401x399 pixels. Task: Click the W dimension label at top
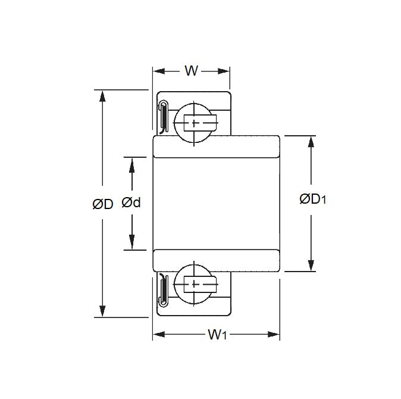191,71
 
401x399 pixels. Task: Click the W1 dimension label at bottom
218,335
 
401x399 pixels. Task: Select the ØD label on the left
102,204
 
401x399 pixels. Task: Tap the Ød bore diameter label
131,203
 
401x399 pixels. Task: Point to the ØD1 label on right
312,199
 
